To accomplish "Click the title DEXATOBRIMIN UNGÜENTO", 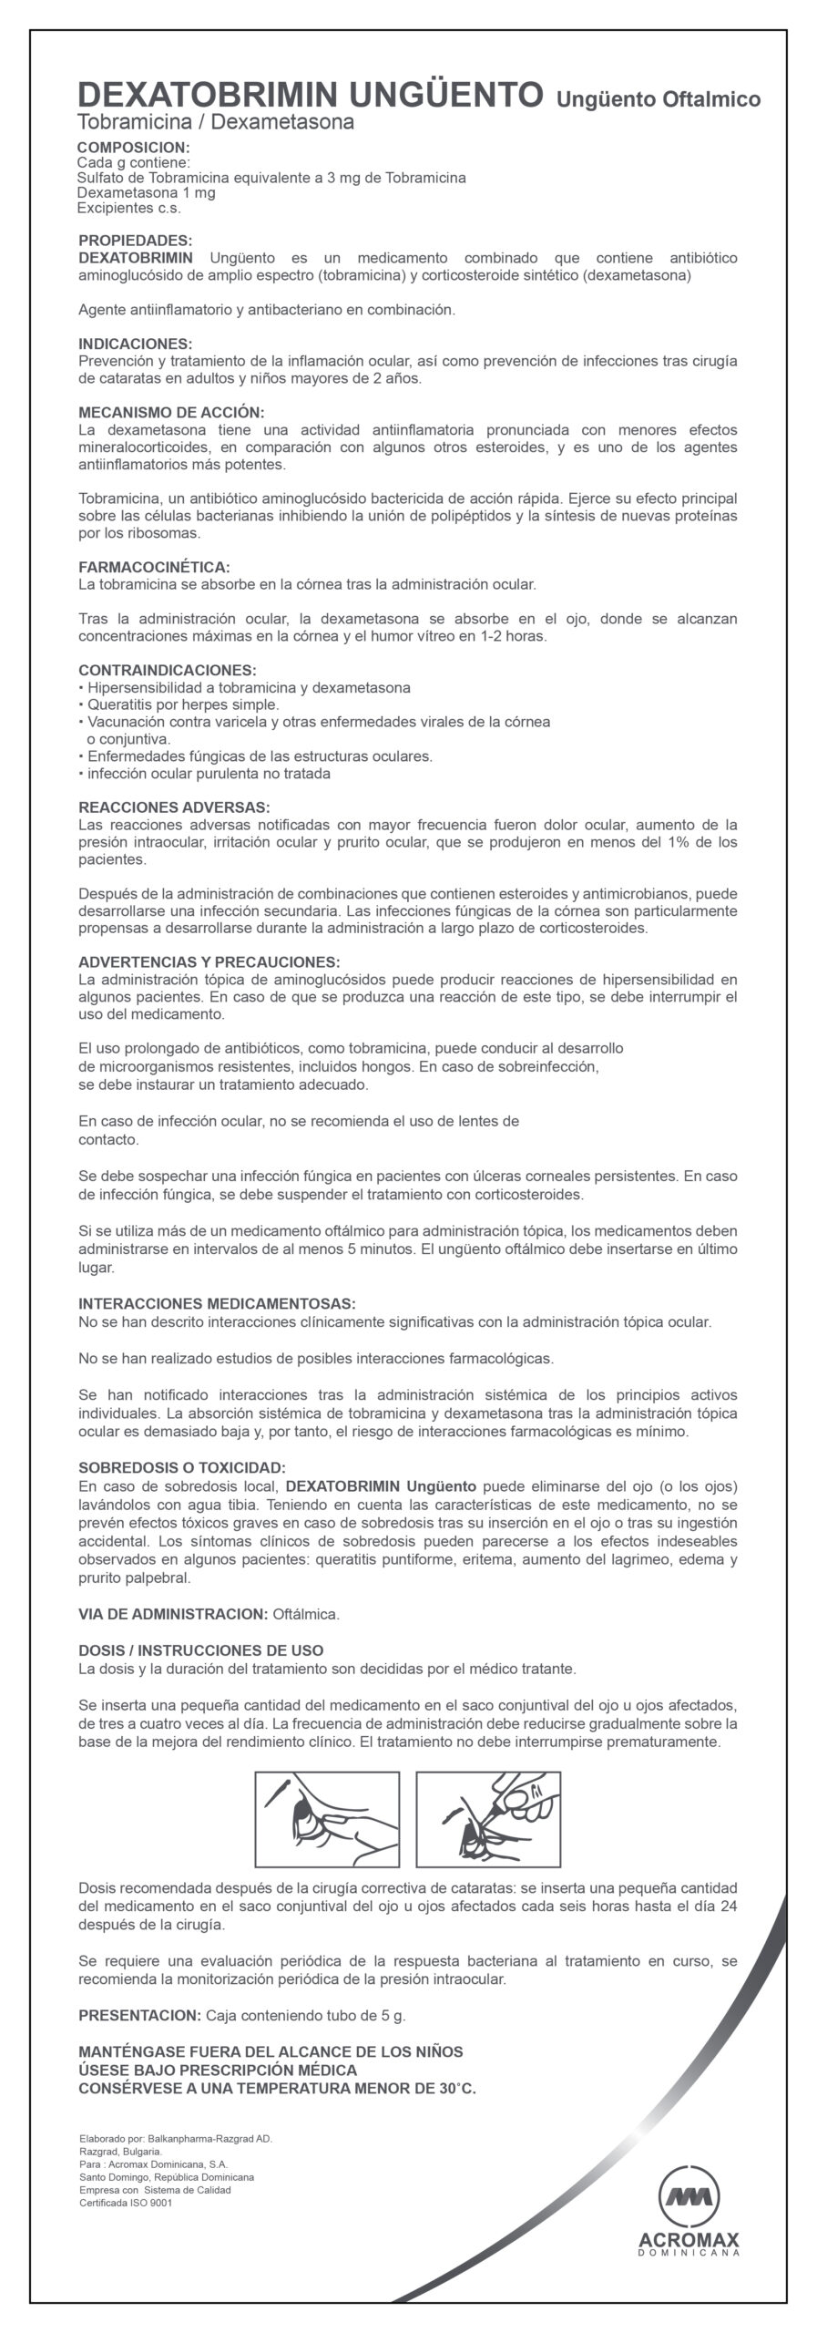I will pos(311,95).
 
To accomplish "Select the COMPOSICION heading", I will pos(134,147).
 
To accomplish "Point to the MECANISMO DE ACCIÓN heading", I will pos(171,412).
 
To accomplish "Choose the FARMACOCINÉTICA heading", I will pos(154,566).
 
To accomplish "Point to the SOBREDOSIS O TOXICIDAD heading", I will pos(182,1467).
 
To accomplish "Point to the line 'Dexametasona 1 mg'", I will pos(147,193).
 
